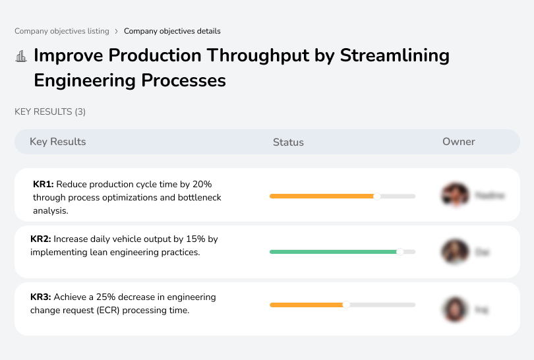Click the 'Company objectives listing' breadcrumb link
coord(62,31)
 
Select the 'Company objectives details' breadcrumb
coord(172,31)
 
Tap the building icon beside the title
coord(21,56)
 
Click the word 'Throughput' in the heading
coord(245,55)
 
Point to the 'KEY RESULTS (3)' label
coord(50,112)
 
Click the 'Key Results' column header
coord(57,142)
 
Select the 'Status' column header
coord(288,142)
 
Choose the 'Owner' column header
coord(458,142)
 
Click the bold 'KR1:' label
coord(44,185)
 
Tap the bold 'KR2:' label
coord(41,239)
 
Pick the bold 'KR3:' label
coord(41,297)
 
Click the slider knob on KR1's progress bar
coord(377,196)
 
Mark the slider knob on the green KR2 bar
coord(400,252)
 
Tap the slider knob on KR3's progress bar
coord(345,305)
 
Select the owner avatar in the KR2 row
coord(455,252)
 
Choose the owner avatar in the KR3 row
coord(455,309)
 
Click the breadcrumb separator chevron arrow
coord(117,31)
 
